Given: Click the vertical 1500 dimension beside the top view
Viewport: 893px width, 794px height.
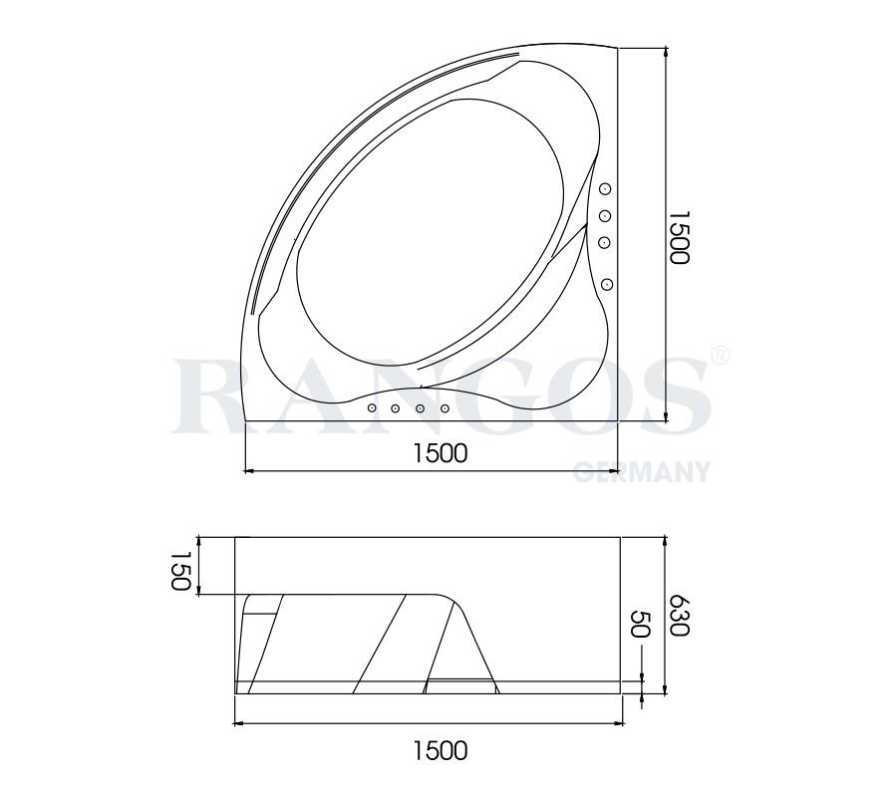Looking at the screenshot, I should click(x=678, y=236).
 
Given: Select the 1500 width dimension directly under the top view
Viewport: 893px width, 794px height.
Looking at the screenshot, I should click(x=440, y=453).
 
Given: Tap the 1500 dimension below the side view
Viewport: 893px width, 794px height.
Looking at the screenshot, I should click(x=440, y=749).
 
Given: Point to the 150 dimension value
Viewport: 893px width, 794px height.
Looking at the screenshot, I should click(x=179, y=571).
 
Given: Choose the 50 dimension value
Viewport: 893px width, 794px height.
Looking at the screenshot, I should click(x=641, y=626).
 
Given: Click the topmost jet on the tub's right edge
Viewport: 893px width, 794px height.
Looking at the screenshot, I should click(x=605, y=189).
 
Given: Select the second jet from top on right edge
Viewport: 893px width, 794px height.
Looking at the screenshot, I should click(x=605, y=216).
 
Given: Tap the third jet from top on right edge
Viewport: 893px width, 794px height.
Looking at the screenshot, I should click(x=605, y=242).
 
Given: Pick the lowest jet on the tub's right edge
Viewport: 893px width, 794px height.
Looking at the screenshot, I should click(x=607, y=285).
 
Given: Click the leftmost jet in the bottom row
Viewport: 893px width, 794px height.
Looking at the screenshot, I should click(x=372, y=408).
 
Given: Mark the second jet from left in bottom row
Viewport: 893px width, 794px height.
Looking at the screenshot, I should click(x=396, y=409).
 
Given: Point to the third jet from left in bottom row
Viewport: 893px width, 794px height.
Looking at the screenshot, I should click(x=421, y=409).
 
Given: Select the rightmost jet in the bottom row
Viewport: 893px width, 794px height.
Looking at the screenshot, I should click(x=445, y=408).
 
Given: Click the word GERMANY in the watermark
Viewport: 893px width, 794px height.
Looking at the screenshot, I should click(x=642, y=472).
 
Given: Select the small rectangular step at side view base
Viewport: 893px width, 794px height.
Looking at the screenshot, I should click(x=459, y=683).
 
